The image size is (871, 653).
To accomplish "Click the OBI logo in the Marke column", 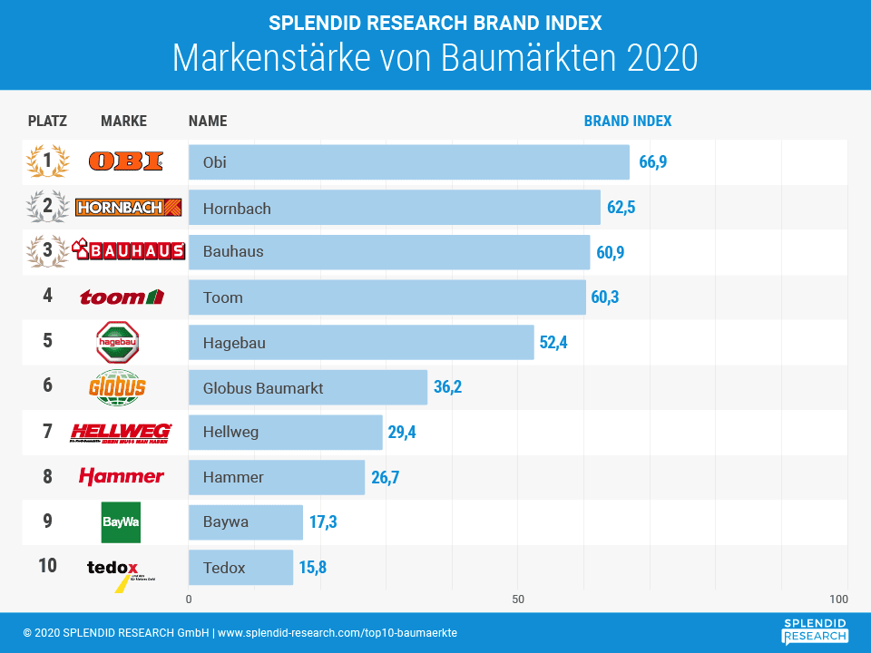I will point(126,162).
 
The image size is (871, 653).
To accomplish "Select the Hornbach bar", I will point(394,208).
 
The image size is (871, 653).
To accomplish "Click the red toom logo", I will point(122,297).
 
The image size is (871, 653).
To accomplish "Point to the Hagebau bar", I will point(361,343).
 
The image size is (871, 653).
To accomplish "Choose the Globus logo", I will point(118,387).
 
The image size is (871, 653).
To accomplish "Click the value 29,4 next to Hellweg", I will point(402,433).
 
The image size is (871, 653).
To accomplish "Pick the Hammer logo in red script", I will point(122,476).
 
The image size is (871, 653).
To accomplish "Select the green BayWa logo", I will point(121,522).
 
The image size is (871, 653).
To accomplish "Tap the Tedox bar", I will point(240,568).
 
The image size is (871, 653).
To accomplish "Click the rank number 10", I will point(47,566).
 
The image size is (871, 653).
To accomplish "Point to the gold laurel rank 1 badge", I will point(47,161).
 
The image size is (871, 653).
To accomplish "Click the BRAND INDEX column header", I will point(628,121).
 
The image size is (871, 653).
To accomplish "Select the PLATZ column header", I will point(47,121).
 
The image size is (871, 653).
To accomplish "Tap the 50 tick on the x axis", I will point(518,599).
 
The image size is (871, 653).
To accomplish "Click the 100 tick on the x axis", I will point(839,599).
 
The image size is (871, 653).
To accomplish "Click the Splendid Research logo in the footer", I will point(815,630).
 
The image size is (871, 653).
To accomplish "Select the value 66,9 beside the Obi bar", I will point(653,162).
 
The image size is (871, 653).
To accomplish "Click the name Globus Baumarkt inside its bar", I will point(263,388).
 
